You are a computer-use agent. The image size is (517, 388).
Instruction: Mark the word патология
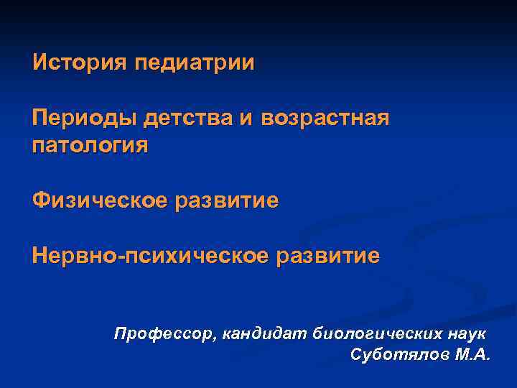pos(90,146)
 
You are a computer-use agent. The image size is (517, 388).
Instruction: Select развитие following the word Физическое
pos(233,200)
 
